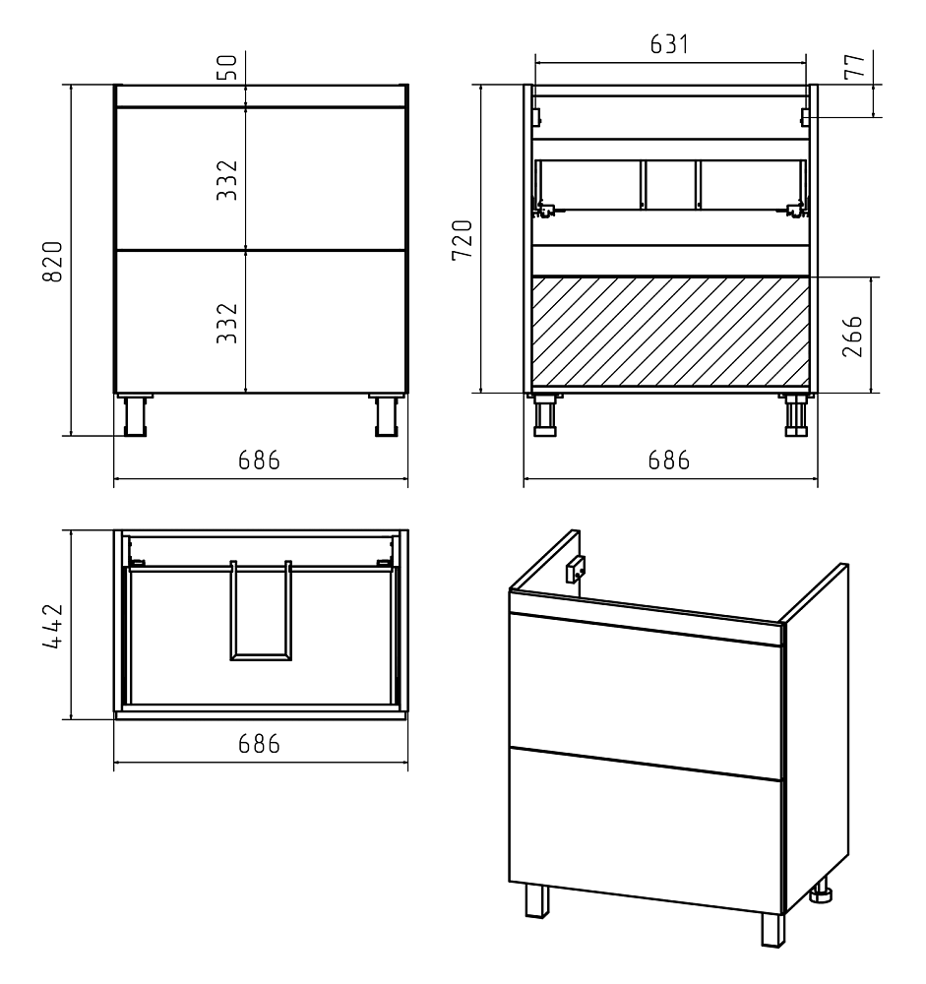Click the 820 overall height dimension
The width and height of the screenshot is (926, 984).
point(54,261)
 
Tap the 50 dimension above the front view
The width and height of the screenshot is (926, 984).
point(229,67)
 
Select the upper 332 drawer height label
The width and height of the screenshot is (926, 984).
point(227,180)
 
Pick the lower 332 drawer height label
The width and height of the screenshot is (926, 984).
point(227,323)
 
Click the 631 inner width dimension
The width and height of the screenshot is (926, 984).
point(669,44)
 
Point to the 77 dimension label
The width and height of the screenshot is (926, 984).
point(854,67)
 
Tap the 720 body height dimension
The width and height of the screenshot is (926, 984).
point(463,240)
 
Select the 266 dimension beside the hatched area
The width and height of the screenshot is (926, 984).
point(852,337)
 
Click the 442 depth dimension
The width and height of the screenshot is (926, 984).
point(54,626)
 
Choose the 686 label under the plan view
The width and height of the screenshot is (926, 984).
point(259,744)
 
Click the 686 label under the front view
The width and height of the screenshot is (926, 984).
point(259,461)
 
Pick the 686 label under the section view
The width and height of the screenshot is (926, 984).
point(669,461)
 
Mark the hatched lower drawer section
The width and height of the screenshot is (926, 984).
point(670,331)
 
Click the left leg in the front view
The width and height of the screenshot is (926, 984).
point(135,415)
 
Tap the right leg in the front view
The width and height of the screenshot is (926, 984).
point(387,415)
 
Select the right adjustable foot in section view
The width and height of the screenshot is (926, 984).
point(797,415)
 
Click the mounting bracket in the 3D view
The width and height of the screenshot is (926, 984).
point(576,569)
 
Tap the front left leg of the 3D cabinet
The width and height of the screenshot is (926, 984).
point(536,901)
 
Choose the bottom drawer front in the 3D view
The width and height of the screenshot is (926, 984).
point(646,830)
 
